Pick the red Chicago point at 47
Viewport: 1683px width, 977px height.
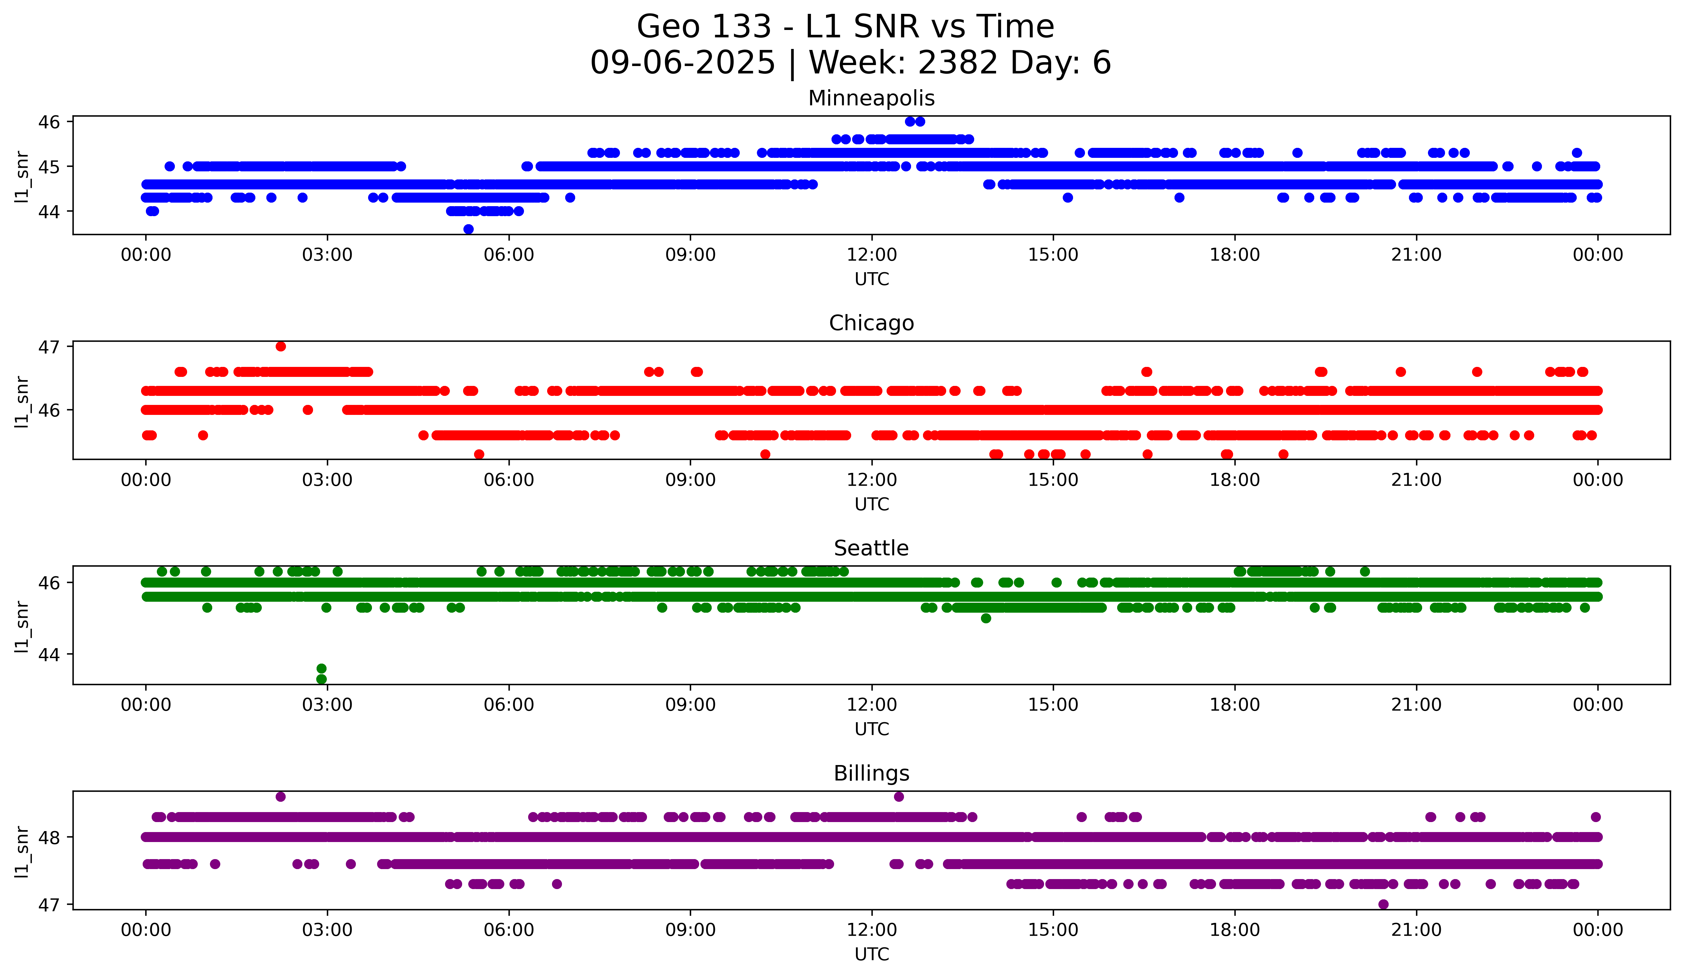[x=280, y=346]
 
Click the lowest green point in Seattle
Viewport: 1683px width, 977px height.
[x=321, y=679]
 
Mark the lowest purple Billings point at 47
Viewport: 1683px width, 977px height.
[x=1383, y=904]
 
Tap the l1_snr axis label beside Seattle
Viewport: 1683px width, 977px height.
[x=22, y=626]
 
